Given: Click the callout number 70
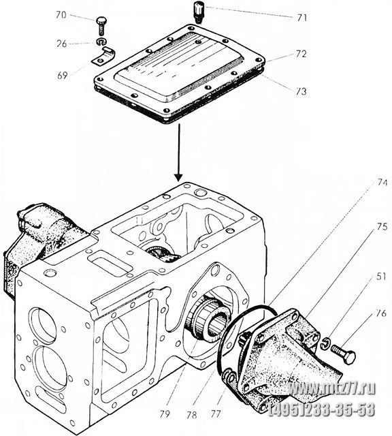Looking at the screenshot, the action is pos(61,15).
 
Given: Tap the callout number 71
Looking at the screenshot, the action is pos(302,18).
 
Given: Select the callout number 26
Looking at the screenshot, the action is pos(62,44).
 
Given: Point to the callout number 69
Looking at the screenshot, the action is pos(62,75).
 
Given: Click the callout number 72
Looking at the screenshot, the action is pos(301,54).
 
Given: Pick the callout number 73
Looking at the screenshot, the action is pos(301,91).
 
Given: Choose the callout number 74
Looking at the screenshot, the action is pos(382,183).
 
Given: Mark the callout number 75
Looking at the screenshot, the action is pos(382,227).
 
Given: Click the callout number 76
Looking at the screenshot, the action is pos(381,313).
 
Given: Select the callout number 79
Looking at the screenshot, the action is pos(165,414).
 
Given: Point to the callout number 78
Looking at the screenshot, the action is pos(192,415).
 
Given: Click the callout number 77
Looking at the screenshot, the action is pos(216,414).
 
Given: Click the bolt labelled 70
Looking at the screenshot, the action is pos(101,27).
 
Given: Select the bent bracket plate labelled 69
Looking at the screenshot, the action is pos(103,57).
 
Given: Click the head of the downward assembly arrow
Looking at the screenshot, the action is pos(178,177).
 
